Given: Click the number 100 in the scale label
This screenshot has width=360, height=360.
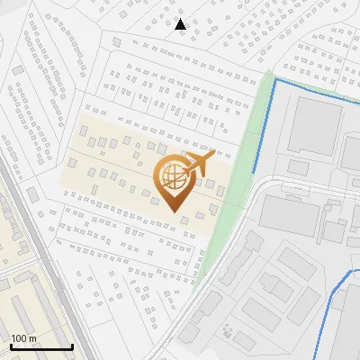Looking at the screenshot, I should tap(19, 338).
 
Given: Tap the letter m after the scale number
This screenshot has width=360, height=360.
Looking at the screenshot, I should tap(31, 338).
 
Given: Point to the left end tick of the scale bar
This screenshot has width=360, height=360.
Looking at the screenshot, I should tap(11, 346).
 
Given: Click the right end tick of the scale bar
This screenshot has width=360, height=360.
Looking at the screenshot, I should tap(72, 346).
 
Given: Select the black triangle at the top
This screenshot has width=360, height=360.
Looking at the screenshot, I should tap(181, 24).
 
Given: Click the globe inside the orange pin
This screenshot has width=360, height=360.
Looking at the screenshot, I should tap(171, 177).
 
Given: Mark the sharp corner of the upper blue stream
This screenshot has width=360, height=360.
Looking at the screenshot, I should tap(274, 80).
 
